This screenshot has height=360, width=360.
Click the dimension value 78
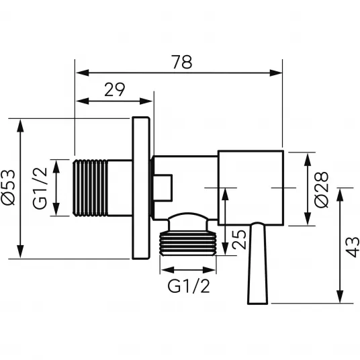point(183,62)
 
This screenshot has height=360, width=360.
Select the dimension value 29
point(115,89)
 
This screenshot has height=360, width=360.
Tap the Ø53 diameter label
point(8,187)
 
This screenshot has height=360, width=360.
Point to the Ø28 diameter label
point(322,189)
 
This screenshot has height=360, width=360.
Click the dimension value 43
point(352,247)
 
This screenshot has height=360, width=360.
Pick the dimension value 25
point(239,240)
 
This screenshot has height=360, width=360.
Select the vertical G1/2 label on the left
point(40,188)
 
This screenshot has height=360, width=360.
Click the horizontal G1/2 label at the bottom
point(189,286)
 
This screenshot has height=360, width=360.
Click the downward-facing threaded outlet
point(188,243)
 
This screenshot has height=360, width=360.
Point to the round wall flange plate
point(141,188)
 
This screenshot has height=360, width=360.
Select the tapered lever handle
point(258,263)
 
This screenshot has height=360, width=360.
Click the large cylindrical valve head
point(251,188)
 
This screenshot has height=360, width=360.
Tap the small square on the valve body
point(163,188)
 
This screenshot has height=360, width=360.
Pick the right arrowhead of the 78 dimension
point(276,73)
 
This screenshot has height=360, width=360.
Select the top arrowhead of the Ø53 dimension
point(20,126)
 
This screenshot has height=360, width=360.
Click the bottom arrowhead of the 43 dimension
point(341,297)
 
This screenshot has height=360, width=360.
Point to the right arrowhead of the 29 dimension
point(146,101)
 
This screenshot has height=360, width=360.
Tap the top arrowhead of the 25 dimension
point(226,194)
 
